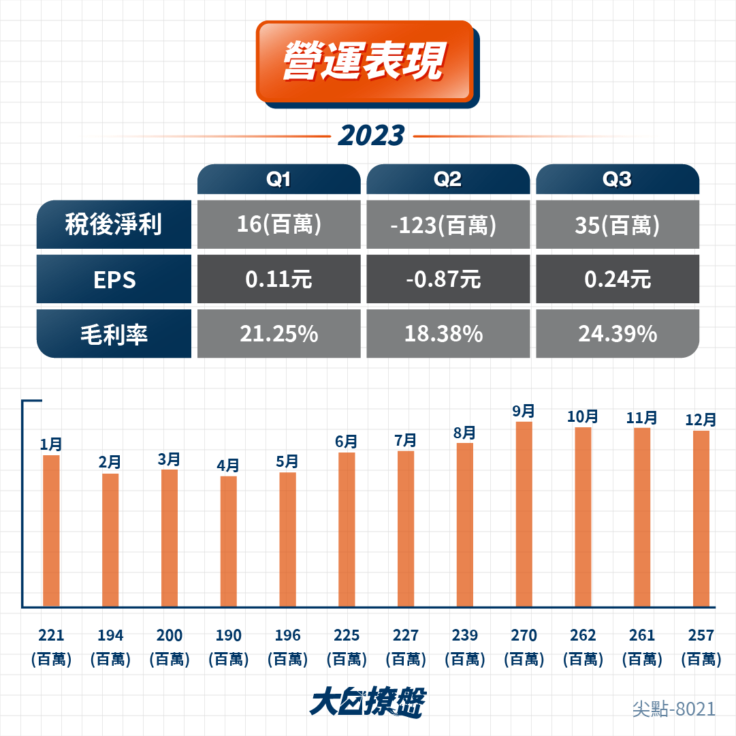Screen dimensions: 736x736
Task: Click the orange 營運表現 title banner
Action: (365, 61)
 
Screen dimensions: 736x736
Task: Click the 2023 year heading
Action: (371, 136)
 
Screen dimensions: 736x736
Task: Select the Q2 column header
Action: (448, 179)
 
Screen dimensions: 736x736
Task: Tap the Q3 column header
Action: (618, 179)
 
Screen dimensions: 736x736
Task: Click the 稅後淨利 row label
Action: (114, 224)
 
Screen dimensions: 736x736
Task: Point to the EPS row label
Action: (114, 279)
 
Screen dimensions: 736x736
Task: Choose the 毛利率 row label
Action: (114, 334)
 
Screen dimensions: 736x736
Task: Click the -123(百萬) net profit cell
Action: (448, 224)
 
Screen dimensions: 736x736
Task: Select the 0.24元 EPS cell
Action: (618, 279)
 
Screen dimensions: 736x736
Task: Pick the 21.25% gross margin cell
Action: (279, 334)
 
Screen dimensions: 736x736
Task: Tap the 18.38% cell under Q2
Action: (448, 334)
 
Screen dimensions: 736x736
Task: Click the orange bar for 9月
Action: (524, 515)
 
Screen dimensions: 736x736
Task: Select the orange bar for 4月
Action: (229, 542)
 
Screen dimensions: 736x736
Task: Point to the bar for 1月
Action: (51, 531)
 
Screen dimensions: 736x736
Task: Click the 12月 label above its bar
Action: (701, 419)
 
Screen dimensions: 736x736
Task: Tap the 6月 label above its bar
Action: (347, 442)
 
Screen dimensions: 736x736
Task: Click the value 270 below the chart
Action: (524, 636)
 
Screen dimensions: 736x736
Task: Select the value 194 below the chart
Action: (110, 636)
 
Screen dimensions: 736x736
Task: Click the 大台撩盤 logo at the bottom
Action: (368, 702)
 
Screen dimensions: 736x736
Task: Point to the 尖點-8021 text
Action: (674, 709)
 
